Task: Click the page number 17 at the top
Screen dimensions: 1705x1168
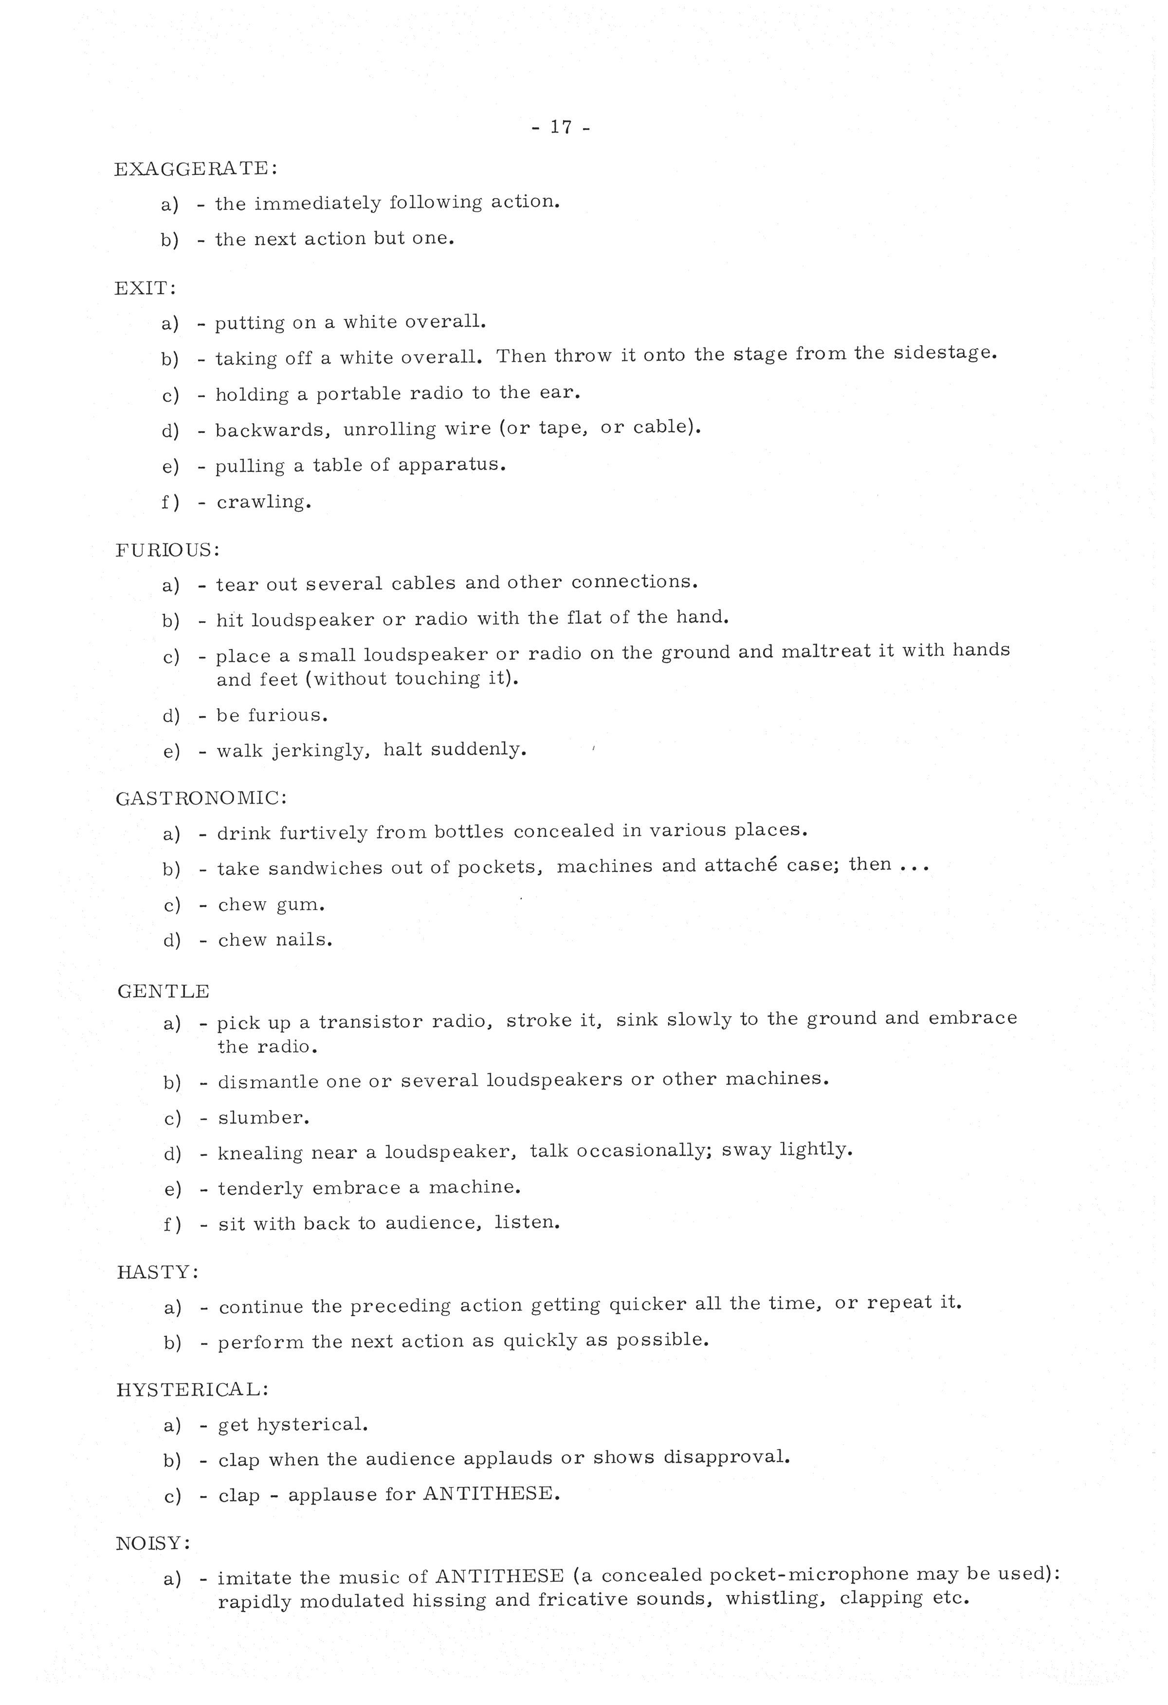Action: (x=561, y=128)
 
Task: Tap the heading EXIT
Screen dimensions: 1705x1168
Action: (x=145, y=288)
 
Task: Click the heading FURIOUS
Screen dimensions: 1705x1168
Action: (x=167, y=550)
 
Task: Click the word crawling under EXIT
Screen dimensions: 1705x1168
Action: (x=263, y=502)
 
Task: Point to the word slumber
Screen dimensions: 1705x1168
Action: (x=263, y=1117)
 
